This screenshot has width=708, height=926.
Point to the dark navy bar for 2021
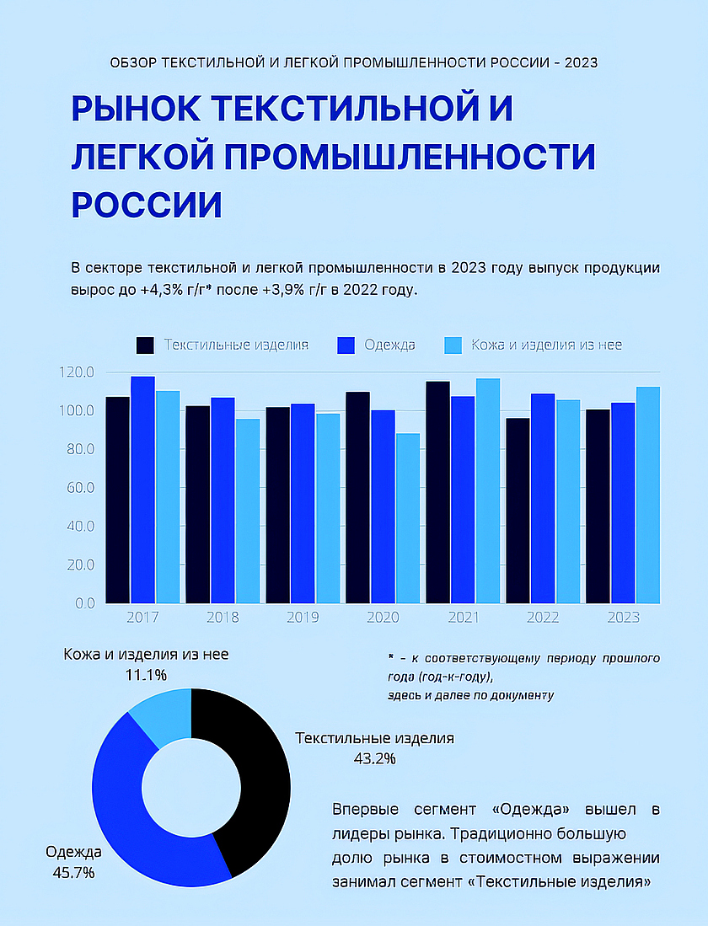point(437,492)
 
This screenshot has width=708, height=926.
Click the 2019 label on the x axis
point(303,618)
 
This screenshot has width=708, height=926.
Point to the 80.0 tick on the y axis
point(77,450)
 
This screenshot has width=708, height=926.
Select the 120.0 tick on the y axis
point(77,372)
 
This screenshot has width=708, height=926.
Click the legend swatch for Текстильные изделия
point(145,345)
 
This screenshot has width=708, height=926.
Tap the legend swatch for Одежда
point(346,345)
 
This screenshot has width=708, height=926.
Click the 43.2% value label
point(374,758)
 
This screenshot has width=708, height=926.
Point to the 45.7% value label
point(73,872)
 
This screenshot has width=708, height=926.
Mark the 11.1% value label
point(146,675)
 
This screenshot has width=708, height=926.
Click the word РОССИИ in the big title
point(146,205)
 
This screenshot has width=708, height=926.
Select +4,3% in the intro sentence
point(164,290)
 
